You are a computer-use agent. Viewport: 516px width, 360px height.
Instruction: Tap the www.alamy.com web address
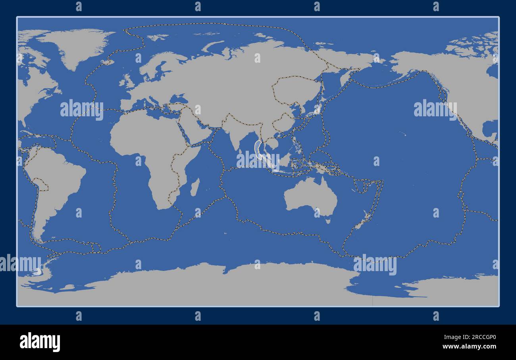coord(468,346)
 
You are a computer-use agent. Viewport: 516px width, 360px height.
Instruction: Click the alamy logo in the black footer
coord(40,342)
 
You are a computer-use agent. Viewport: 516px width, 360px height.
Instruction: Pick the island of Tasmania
coord(328,219)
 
